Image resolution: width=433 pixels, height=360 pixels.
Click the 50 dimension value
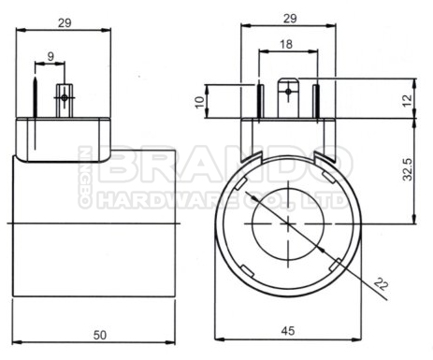100,335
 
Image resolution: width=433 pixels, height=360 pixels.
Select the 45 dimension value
288,331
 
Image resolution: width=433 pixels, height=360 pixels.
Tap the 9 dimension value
51,56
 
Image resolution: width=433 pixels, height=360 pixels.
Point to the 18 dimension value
286,44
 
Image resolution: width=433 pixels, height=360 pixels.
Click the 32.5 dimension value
408,169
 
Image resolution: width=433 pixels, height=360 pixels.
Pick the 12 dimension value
407,100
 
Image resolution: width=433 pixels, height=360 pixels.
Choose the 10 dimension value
199,102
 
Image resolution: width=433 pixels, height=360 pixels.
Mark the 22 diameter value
381,284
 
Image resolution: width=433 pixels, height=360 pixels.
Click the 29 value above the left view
65,22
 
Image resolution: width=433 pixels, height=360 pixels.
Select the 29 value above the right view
290,19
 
